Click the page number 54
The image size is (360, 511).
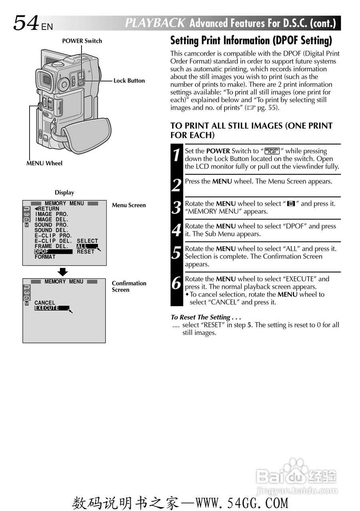click(26, 23)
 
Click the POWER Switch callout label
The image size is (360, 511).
click(82, 41)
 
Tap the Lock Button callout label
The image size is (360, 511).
click(129, 81)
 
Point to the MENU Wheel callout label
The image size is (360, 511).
click(44, 163)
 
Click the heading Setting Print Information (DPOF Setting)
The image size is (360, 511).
click(251, 41)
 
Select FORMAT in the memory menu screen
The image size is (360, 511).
click(45, 257)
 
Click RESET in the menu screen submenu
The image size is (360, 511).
click(86, 252)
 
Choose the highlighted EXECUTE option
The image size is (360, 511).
click(47, 308)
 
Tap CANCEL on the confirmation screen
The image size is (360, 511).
click(45, 303)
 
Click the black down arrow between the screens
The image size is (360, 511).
click(63, 272)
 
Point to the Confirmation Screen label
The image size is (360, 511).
click(129, 287)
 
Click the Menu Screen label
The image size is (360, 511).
click(129, 205)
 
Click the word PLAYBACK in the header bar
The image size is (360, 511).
click(155, 23)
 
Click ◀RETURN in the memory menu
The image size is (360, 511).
click(47, 209)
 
